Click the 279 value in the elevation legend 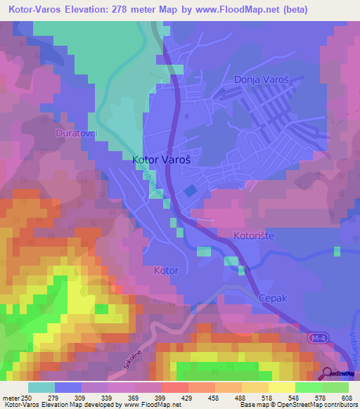[68, 398]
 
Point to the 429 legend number [175, 398]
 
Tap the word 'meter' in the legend [11, 398]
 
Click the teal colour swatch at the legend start [41, 387]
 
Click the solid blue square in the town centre [191, 190]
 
